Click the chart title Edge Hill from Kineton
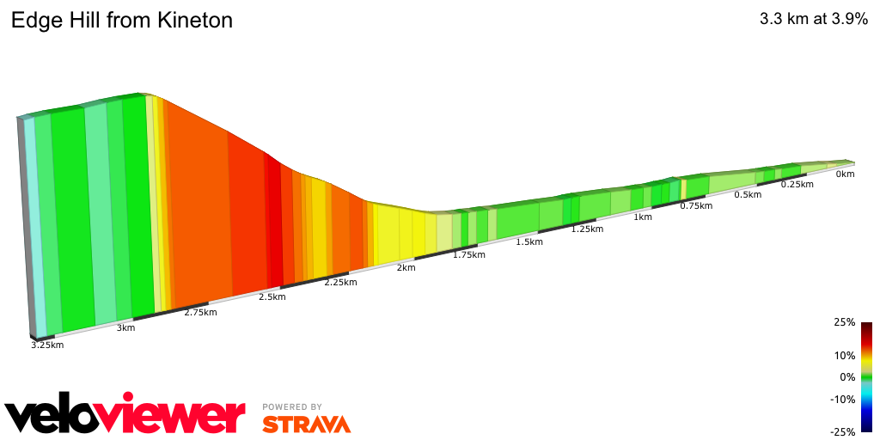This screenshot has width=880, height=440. [x=121, y=20]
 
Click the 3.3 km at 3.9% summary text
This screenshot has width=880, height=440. [x=813, y=20]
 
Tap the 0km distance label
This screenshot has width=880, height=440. [x=845, y=174]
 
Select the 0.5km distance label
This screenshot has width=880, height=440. [x=748, y=195]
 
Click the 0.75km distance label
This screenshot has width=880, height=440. [x=696, y=205]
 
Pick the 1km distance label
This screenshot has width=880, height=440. [x=642, y=217]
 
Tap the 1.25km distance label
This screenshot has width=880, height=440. [x=587, y=229]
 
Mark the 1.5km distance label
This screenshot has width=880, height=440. [x=529, y=242]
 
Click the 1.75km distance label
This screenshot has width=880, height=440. [x=469, y=255]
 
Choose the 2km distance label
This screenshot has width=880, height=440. [x=406, y=268]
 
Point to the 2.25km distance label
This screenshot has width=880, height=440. [x=341, y=283]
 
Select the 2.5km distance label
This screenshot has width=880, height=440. [x=272, y=297]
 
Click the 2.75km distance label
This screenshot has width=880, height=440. [x=200, y=313]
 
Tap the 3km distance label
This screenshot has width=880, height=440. [x=125, y=328]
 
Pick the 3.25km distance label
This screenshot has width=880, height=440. [x=47, y=345]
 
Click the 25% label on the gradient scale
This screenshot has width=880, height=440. [x=845, y=322]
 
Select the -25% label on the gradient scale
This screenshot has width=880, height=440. [x=843, y=431]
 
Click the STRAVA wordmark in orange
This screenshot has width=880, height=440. [x=306, y=425]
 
